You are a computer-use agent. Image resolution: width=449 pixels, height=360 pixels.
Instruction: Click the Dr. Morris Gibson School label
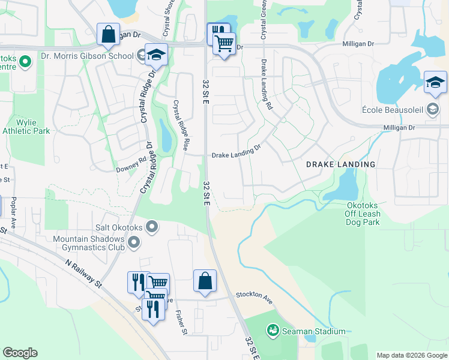(x=87, y=56)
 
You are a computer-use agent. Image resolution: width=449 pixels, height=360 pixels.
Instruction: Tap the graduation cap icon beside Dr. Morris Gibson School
(x=156, y=55)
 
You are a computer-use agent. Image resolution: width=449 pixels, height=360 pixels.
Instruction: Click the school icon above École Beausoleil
(x=435, y=83)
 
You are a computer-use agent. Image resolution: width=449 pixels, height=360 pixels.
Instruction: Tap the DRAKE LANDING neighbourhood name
(x=341, y=164)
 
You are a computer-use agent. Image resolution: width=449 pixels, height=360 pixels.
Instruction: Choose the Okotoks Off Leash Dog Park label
(x=363, y=213)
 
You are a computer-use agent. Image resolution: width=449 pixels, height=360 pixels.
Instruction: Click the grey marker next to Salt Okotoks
(x=152, y=227)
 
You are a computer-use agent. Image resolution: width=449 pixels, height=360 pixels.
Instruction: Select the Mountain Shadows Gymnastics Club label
(x=89, y=242)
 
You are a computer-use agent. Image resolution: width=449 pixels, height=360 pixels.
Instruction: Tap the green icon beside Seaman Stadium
(x=273, y=330)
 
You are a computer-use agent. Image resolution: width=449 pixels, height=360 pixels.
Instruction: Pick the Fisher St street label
(x=181, y=322)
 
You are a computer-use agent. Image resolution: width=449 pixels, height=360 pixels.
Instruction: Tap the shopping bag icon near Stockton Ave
(x=205, y=281)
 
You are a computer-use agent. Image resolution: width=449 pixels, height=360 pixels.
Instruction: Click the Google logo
(x=20, y=353)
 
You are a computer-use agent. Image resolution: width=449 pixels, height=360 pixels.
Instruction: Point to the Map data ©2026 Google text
(x=411, y=355)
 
